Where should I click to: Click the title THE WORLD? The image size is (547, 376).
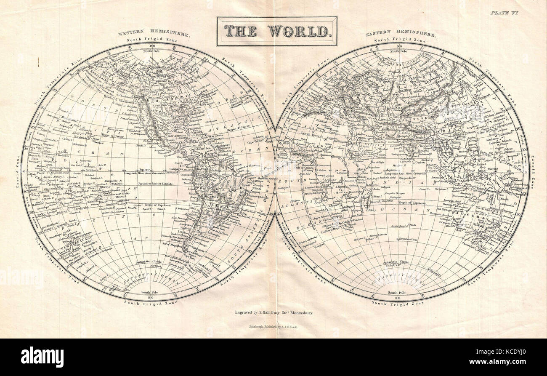pos(277,31)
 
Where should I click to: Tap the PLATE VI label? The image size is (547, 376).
pos(504,13)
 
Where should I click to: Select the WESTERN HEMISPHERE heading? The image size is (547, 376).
pos(154,34)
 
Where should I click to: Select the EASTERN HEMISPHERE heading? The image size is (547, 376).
pos(400,34)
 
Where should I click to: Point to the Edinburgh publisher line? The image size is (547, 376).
pos(273,327)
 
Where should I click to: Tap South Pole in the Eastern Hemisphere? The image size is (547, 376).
pos(398,292)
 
